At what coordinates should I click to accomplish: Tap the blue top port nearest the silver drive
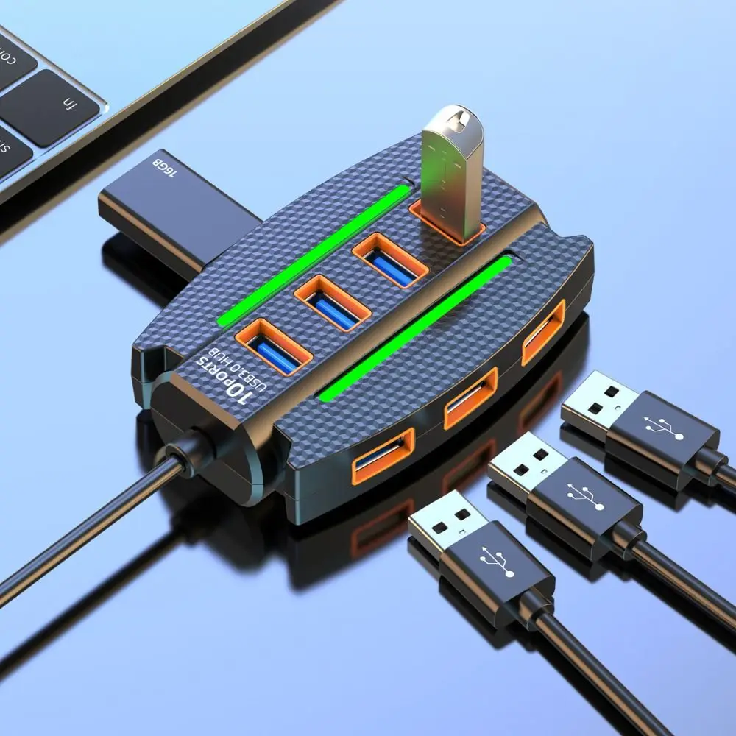coord(390,262)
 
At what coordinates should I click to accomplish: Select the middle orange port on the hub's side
coord(470,398)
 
